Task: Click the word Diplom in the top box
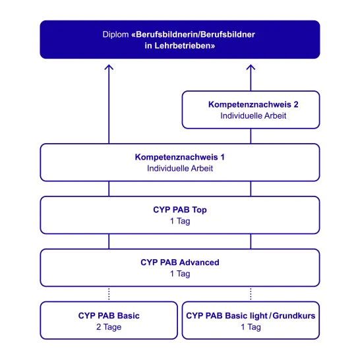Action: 115,34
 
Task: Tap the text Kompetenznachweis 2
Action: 253,104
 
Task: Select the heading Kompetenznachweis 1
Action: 180,157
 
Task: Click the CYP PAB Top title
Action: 180,210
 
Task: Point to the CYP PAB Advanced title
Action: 180,262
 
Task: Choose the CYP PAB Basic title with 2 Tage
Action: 109,315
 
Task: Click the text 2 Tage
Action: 109,327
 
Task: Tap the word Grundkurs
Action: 294,315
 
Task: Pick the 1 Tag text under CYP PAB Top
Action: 180,221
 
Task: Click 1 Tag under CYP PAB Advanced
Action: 180,274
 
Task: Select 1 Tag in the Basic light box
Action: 251,327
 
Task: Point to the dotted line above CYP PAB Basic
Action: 109,294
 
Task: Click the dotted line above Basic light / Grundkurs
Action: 251,294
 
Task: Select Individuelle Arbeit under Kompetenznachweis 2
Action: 253,116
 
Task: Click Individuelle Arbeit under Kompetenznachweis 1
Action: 180,168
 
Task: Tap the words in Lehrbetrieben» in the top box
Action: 180,45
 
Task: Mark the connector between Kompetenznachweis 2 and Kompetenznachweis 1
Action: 251,136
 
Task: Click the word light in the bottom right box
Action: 258,316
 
